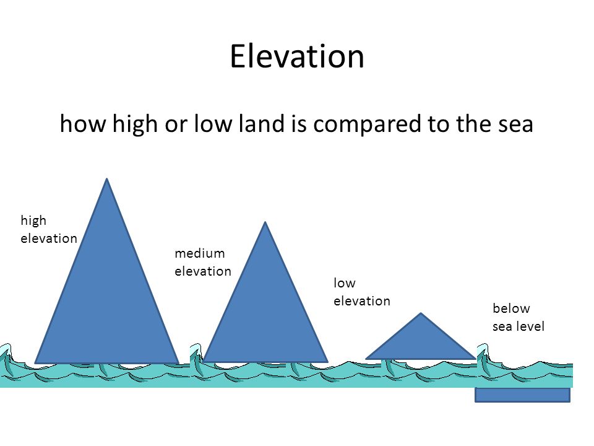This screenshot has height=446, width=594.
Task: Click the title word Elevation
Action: tap(297, 56)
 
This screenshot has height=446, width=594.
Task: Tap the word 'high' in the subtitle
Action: tap(135, 125)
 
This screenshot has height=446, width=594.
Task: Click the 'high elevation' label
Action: tap(49, 229)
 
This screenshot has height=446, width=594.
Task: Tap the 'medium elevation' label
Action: tap(203, 262)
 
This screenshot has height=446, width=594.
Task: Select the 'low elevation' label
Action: tap(362, 292)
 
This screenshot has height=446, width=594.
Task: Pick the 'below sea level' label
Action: tap(519, 317)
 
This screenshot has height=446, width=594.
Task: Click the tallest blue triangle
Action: tap(107, 288)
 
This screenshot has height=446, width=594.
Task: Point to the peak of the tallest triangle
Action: tap(107, 178)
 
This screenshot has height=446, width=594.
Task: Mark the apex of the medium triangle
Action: tap(265, 222)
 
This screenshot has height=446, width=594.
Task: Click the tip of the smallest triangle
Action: tap(421, 313)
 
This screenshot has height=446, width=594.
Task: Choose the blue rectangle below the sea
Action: tap(522, 395)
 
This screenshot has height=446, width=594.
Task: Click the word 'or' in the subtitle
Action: tap(176, 126)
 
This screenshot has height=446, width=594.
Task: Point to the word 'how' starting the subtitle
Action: tap(82, 124)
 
